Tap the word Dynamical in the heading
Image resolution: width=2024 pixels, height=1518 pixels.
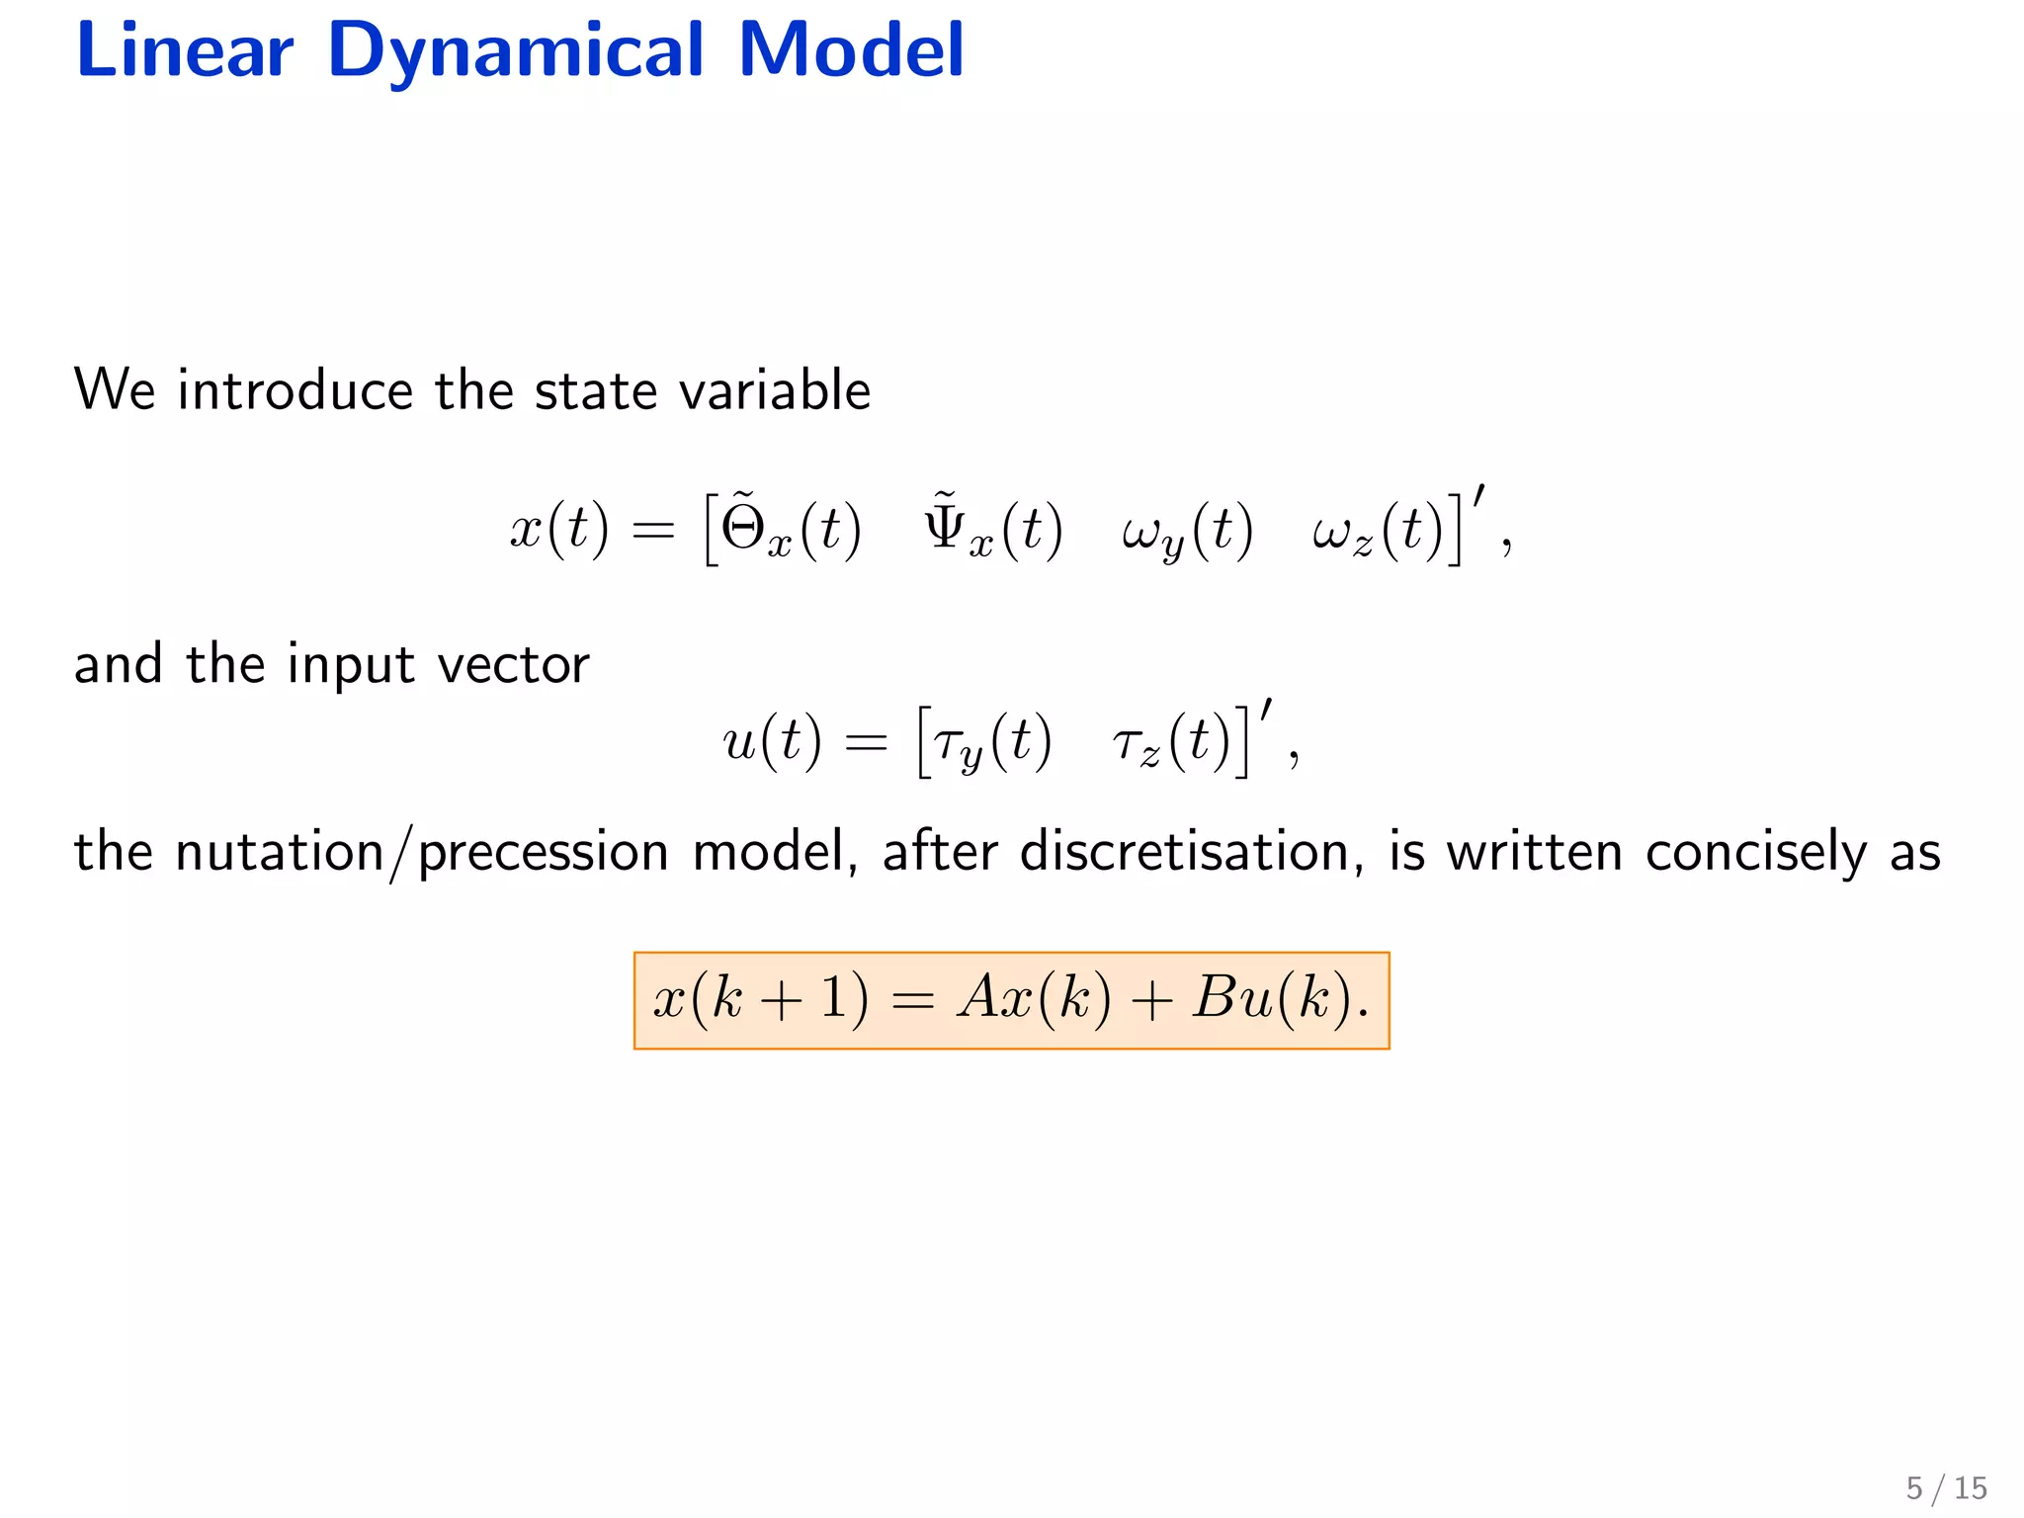(515, 51)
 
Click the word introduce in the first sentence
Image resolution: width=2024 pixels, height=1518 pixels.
(295, 389)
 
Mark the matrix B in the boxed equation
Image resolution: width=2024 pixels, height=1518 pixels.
(1217, 998)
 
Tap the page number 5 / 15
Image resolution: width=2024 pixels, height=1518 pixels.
(1946, 1487)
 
